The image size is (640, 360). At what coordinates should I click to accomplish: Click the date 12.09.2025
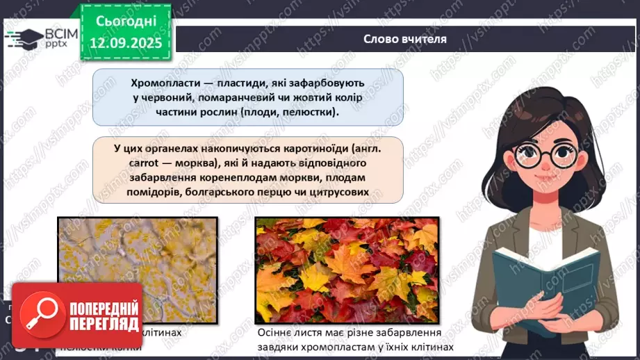tap(126, 43)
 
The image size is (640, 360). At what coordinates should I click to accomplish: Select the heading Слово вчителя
tap(405, 39)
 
